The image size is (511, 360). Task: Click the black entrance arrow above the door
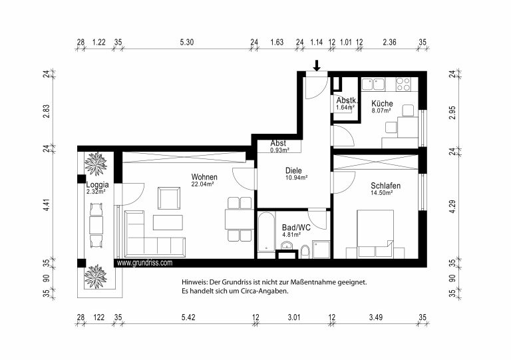[x=317, y=65]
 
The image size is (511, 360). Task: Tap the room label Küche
[x=382, y=104]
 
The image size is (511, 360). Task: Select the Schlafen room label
[x=385, y=186]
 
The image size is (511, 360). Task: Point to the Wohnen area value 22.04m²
[x=202, y=184]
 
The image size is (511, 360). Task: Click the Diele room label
[x=293, y=170]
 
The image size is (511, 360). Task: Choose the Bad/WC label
[x=296, y=228]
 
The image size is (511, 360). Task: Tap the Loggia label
[x=97, y=185]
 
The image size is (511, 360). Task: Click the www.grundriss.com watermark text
[x=144, y=263]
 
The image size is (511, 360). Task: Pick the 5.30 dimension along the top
[x=187, y=42]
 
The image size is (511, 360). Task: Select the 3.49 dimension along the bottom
[x=376, y=317]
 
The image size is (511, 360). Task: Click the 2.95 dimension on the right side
[x=452, y=112]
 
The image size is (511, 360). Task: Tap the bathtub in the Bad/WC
[x=266, y=232]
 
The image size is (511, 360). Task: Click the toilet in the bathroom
[x=305, y=251]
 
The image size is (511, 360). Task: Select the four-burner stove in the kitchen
[x=403, y=84]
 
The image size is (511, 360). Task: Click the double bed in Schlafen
[x=375, y=234]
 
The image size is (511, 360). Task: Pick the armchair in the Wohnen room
[x=169, y=198]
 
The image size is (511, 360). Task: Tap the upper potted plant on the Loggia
[x=96, y=164]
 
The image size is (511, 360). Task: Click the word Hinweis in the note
[x=194, y=282]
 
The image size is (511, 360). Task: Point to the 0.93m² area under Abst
[x=280, y=150]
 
